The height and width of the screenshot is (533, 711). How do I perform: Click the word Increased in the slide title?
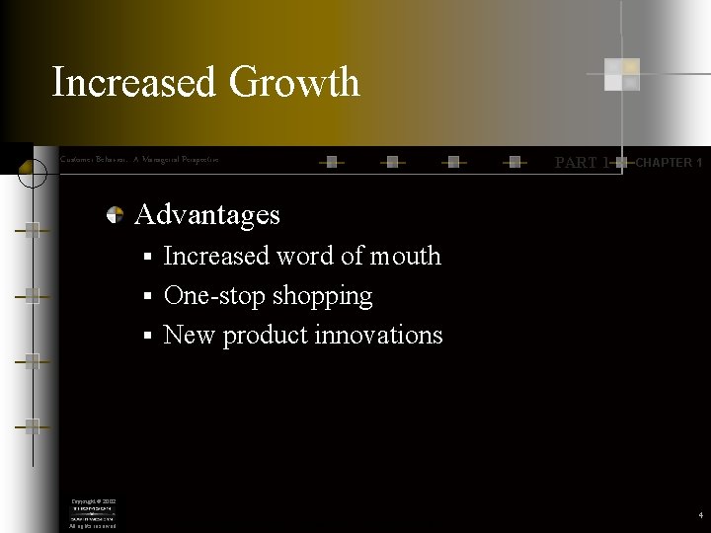(134, 82)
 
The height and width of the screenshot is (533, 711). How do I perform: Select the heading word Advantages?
(207, 214)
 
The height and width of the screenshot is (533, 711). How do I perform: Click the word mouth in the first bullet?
(405, 256)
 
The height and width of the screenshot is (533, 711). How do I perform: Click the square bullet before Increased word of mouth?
(145, 258)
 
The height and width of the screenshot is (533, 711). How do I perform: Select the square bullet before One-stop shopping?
(145, 297)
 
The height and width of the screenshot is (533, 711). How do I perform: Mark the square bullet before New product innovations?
(145, 337)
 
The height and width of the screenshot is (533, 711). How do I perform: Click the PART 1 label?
(582, 162)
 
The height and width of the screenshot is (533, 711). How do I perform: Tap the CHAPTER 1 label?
(668, 162)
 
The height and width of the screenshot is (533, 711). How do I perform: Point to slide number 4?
(699, 515)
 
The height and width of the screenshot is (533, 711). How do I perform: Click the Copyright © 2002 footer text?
(92, 501)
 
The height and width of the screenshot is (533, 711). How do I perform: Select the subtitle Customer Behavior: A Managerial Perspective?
(139, 159)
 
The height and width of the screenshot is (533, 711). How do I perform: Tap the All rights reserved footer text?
(92, 526)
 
